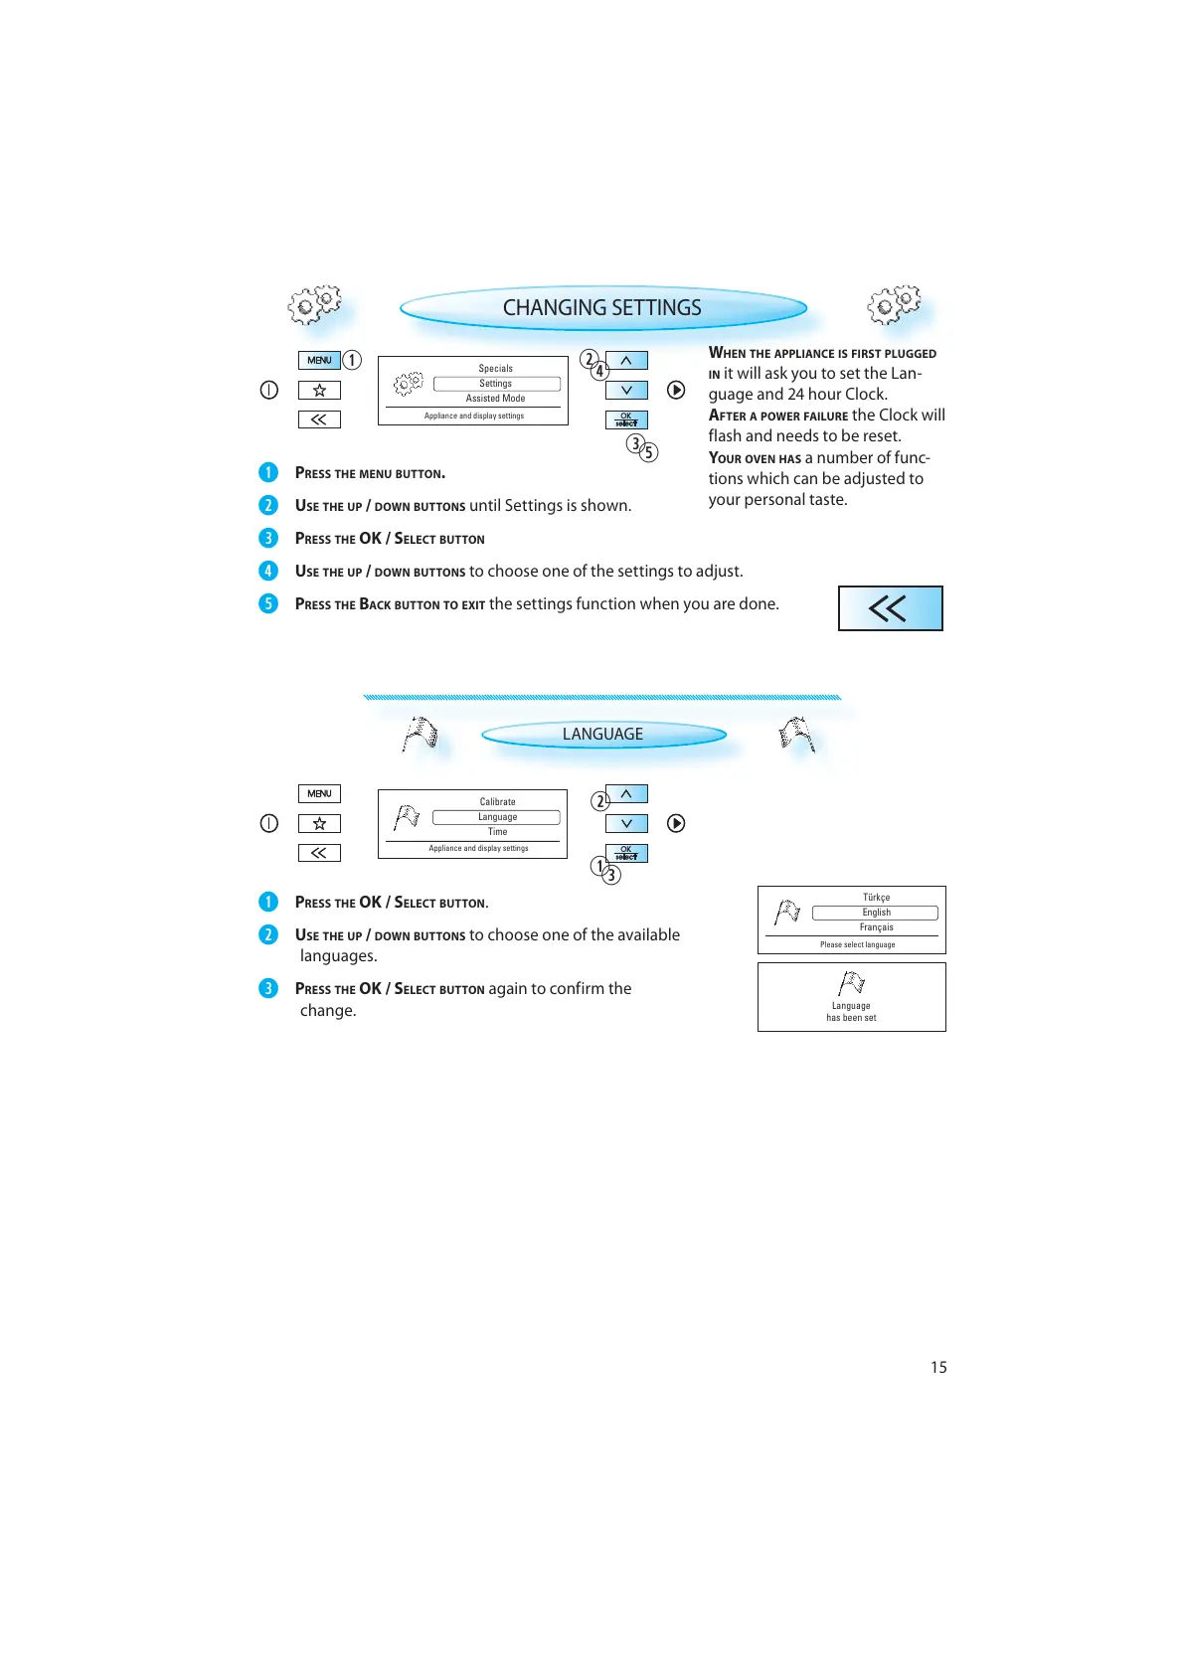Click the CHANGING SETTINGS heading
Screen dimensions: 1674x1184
click(x=601, y=308)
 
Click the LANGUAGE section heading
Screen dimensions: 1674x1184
click(x=602, y=735)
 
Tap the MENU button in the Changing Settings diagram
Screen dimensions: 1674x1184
click(x=319, y=360)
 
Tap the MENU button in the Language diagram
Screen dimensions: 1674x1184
click(x=319, y=793)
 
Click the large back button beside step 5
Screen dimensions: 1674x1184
click(x=890, y=608)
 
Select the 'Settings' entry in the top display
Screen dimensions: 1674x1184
click(x=496, y=384)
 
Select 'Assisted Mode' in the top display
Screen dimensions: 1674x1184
click(x=495, y=399)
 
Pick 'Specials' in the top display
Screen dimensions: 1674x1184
click(x=495, y=369)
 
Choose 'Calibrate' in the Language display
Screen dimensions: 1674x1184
click(x=497, y=802)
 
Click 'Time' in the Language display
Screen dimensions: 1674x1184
click(x=497, y=832)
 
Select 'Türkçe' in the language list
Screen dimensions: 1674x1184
click(x=876, y=898)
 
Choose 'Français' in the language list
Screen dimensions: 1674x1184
click(x=876, y=927)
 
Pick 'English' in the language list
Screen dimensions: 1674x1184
click(x=876, y=913)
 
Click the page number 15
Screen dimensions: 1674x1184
click(x=938, y=1368)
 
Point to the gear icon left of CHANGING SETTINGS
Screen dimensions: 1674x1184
click(x=313, y=304)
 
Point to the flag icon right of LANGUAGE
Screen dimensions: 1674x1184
click(x=796, y=735)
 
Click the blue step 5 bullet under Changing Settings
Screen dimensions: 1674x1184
click(x=268, y=603)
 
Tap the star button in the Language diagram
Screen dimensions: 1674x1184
click(x=319, y=823)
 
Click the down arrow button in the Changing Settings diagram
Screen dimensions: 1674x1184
click(x=626, y=391)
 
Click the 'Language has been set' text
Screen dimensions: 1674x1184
click(x=851, y=1012)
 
